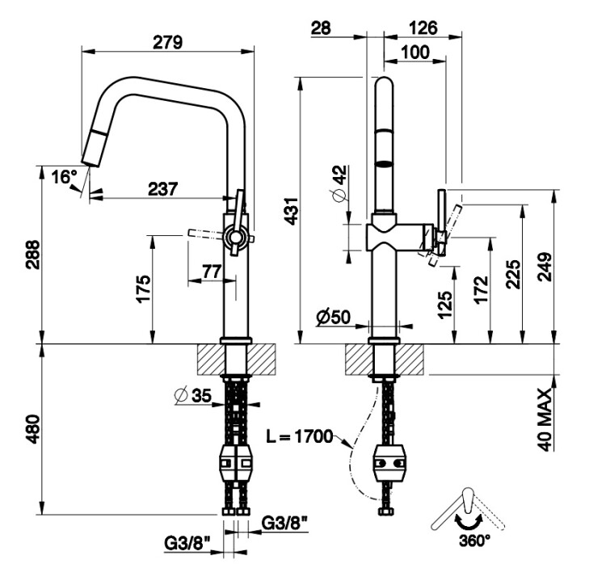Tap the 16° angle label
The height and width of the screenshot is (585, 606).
(x=64, y=177)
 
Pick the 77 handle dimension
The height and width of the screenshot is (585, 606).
(x=212, y=271)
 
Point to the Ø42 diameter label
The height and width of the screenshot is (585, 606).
(x=340, y=184)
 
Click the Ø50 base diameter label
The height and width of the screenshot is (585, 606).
(x=333, y=318)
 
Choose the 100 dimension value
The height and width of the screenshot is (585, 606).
(x=415, y=53)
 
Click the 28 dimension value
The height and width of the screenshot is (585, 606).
(x=321, y=27)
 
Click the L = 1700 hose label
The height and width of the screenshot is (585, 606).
(x=300, y=437)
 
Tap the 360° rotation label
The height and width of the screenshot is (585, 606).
(x=473, y=539)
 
